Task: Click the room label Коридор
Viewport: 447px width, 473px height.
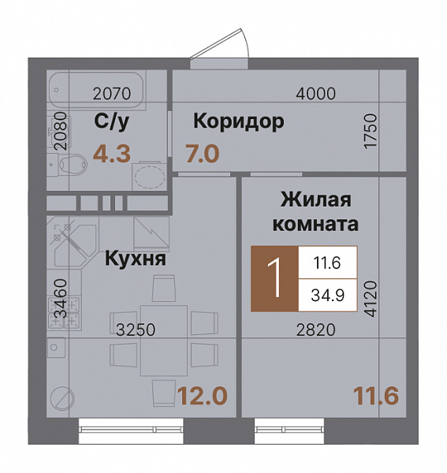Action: tap(238, 122)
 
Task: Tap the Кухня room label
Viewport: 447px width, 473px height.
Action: tap(135, 258)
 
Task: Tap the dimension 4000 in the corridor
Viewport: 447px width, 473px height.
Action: tap(315, 94)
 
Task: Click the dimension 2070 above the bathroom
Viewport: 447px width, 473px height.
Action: tap(111, 94)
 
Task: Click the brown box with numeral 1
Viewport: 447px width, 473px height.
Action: tap(274, 278)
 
